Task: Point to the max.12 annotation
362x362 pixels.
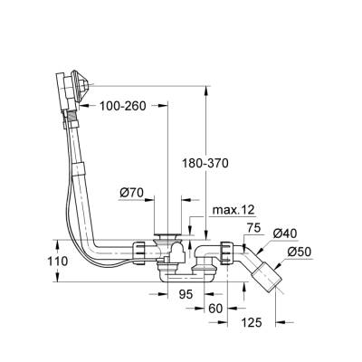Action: pos(232,210)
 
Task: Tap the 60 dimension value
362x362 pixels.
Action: pos(216,308)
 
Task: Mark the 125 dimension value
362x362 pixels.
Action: pos(252,322)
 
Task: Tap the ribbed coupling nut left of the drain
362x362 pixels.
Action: pos(141,250)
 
